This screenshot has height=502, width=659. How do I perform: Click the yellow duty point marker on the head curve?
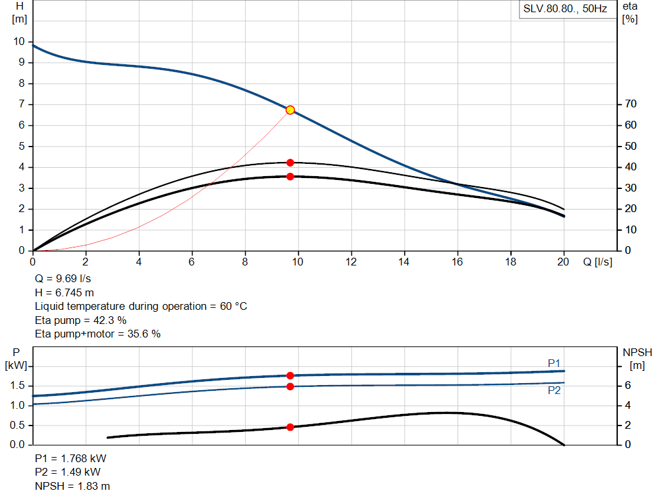click(290, 110)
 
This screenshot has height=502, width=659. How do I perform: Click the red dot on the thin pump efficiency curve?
click(290, 163)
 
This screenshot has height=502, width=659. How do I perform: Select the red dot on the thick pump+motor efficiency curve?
click(290, 176)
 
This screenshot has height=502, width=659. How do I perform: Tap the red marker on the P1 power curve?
click(290, 375)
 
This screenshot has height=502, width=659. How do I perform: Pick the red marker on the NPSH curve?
click(290, 427)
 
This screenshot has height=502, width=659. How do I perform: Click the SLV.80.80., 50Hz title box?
click(564, 10)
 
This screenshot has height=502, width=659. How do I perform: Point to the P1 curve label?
click(554, 363)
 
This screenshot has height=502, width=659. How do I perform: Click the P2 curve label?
click(554, 390)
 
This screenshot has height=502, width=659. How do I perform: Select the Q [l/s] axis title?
click(599, 262)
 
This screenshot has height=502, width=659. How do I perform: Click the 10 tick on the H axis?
click(19, 42)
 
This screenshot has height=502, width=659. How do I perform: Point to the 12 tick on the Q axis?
click(351, 262)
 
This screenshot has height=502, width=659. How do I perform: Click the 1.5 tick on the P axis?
click(17, 386)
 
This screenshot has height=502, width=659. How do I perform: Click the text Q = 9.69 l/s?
click(63, 279)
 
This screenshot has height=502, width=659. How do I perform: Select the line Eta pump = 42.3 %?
click(80, 320)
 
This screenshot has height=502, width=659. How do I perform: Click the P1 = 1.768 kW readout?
click(71, 459)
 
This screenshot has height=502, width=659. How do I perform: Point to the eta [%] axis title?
click(630, 12)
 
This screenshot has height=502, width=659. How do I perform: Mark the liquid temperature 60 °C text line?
click(141, 306)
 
